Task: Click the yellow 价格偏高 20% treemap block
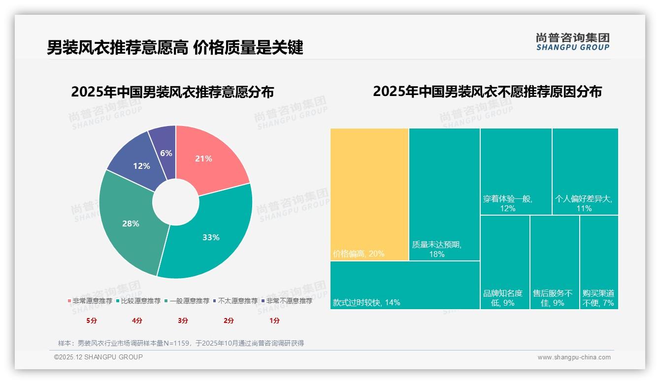369,194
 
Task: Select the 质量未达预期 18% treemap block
444,194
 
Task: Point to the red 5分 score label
92,320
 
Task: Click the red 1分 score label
274,320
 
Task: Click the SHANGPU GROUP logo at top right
572,42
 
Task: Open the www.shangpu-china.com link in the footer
574,357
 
